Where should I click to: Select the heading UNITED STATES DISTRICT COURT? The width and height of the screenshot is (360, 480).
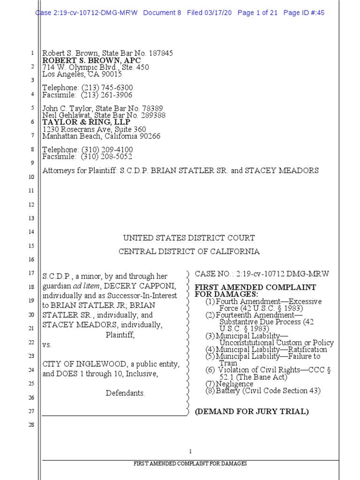point(189,238)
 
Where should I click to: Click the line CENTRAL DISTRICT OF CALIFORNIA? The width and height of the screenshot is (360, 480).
point(189,252)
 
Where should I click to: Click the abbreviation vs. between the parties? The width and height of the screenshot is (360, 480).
point(47,345)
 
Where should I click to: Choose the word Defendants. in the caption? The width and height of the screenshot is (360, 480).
point(125,393)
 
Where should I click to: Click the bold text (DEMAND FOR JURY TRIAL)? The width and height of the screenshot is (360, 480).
point(252,412)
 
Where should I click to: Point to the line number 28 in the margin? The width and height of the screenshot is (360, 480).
point(32,425)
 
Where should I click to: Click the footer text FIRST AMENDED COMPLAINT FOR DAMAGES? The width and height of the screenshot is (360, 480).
point(190,464)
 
